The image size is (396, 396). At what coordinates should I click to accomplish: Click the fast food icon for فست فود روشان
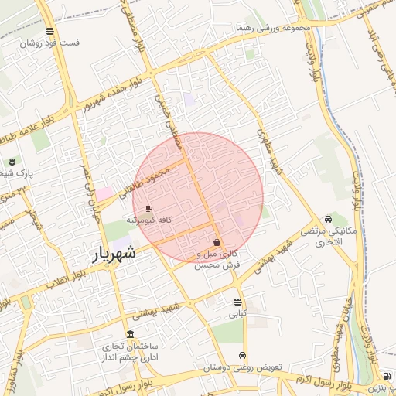[50, 32]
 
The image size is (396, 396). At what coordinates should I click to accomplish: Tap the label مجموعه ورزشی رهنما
[267, 28]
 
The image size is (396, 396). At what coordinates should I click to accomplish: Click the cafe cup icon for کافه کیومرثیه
[148, 208]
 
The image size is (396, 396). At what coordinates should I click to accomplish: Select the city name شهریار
[115, 254]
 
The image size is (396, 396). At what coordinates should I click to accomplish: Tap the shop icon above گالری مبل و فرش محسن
[217, 242]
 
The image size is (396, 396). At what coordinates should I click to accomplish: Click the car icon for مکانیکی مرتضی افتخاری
[330, 218]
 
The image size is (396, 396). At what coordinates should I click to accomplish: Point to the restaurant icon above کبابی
[237, 302]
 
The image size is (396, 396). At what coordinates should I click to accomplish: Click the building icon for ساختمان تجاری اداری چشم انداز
[129, 335]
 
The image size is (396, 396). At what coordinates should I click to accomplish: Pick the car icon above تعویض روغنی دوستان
[244, 356]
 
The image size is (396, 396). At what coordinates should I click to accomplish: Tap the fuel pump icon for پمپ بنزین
[387, 376]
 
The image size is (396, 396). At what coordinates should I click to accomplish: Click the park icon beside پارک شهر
[12, 161]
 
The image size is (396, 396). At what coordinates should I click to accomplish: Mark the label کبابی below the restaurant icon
[237, 315]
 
